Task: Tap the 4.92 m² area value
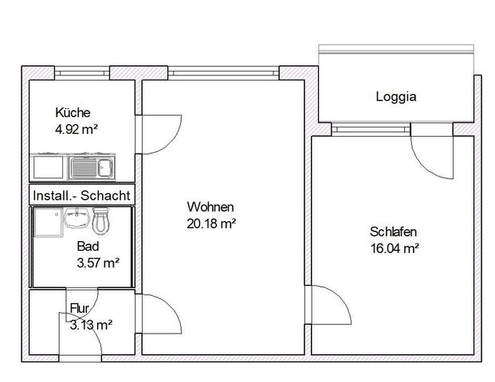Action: tap(76, 127)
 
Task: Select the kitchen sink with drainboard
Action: tap(92, 167)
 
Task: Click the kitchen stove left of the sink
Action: tap(49, 167)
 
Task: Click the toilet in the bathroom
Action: tap(100, 220)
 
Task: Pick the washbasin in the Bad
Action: tap(77, 216)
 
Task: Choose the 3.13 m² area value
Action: tap(91, 324)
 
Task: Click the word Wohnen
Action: tap(205, 208)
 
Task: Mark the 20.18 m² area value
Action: tap(210, 224)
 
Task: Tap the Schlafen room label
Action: tap(393, 232)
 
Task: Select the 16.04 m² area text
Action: tap(395, 248)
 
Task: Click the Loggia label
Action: tap(396, 97)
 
